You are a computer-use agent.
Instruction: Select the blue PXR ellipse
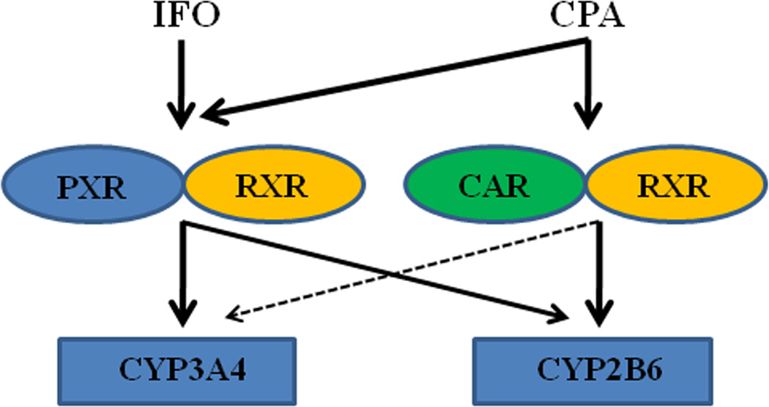click(x=94, y=187)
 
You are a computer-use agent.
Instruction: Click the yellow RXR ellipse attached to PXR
click(x=273, y=187)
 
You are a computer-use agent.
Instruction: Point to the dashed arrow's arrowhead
click(x=233, y=316)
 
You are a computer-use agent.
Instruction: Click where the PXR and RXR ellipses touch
click(x=183, y=187)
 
